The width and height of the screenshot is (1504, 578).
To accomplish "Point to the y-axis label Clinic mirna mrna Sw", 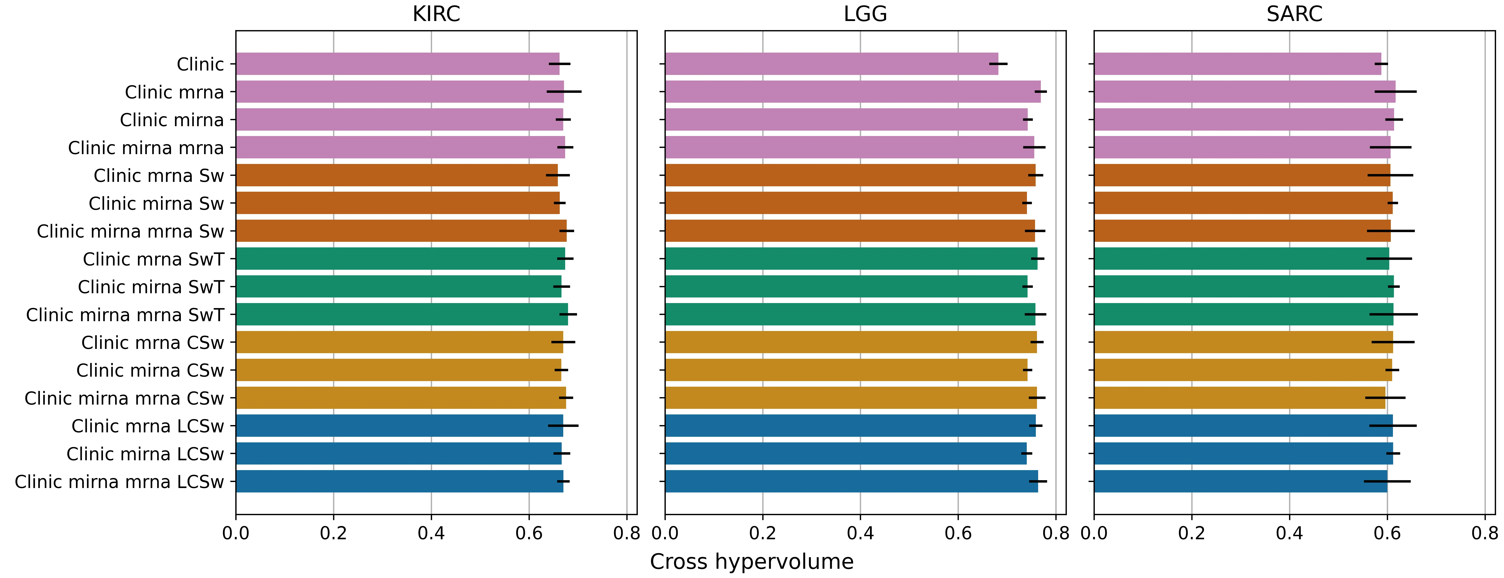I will tap(130, 232).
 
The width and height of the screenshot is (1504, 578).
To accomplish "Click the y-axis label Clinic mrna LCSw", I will tap(148, 426).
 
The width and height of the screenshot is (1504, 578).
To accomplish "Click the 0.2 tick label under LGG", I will tap(763, 533).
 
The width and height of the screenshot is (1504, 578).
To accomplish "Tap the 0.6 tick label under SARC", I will tap(1387, 533).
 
